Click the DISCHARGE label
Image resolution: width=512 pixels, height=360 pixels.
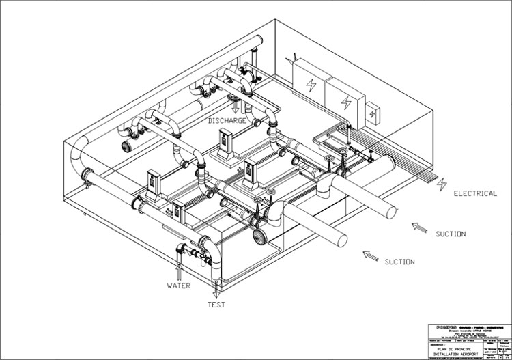(x=228, y=121)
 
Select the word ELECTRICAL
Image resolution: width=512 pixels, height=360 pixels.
(x=475, y=193)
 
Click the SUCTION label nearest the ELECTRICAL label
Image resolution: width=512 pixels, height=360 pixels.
(x=451, y=234)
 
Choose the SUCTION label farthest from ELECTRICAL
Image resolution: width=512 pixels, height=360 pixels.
(x=399, y=262)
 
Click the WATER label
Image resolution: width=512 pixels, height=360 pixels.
(x=179, y=285)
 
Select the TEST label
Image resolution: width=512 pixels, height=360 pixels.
(x=216, y=305)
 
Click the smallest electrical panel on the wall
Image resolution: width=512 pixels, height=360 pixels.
(x=372, y=113)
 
